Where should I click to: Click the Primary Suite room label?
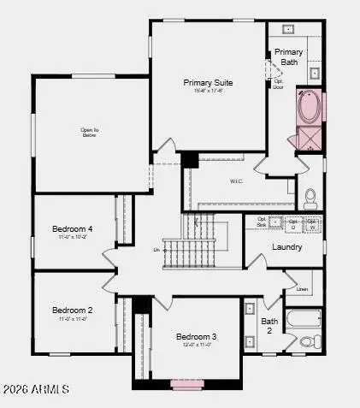(x=208, y=82)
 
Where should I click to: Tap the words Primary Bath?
(x=288, y=57)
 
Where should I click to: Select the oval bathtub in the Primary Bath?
(x=309, y=107)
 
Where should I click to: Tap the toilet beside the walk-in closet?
(x=310, y=198)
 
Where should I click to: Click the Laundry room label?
(x=286, y=247)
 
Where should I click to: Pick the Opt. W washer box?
(x=311, y=224)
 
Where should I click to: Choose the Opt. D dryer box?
(x=292, y=224)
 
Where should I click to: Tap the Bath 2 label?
(x=269, y=326)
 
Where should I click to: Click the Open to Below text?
(x=90, y=132)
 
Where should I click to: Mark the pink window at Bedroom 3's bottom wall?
(x=185, y=384)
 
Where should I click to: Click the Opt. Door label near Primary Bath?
(x=278, y=84)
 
